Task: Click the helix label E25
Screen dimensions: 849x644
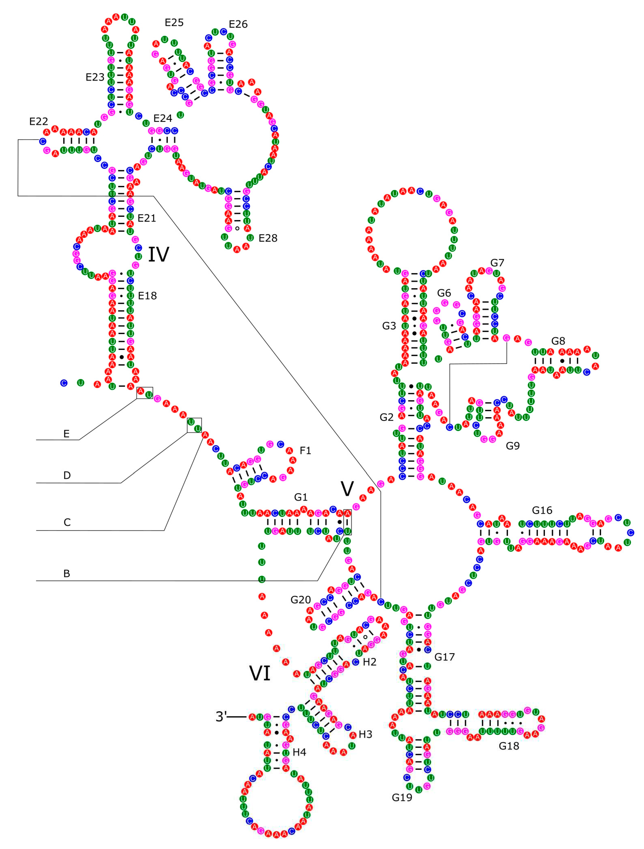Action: click(x=174, y=23)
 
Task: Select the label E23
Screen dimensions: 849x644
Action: click(x=95, y=77)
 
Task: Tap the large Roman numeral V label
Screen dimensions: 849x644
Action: click(x=347, y=489)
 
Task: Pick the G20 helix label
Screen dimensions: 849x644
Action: click(x=301, y=599)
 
